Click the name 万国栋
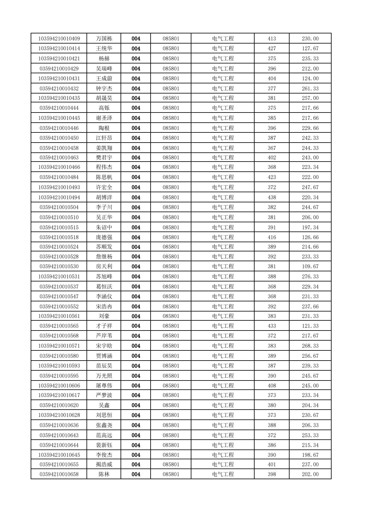[x=104, y=39]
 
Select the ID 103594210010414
[x=59, y=48]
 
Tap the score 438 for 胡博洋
[x=272, y=197]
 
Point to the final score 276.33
[x=310, y=276]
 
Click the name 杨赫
[x=104, y=59]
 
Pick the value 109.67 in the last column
[x=310, y=266]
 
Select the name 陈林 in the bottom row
[x=104, y=474]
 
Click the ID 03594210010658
[x=59, y=474]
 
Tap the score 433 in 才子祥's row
[x=272, y=326]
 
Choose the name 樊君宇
[x=104, y=158]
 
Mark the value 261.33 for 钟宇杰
[x=310, y=89]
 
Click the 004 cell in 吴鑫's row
[x=136, y=405]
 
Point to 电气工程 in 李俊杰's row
[x=223, y=455]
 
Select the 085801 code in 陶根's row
[x=171, y=128]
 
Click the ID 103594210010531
[x=59, y=276]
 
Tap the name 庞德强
[x=104, y=237]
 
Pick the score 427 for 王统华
[x=272, y=48]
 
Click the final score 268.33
[x=310, y=346]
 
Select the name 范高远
[x=104, y=435]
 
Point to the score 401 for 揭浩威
[x=272, y=464]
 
